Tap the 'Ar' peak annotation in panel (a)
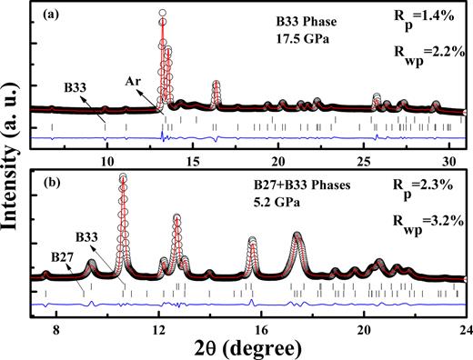coord(133,83)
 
